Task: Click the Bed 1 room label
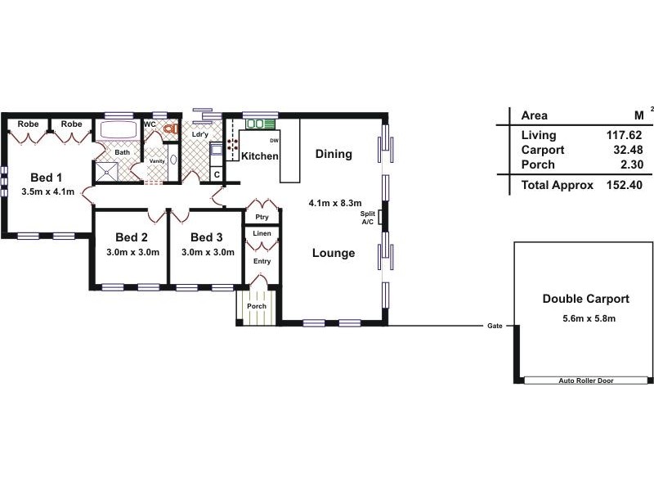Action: point(47,178)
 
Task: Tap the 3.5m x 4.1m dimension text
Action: point(47,192)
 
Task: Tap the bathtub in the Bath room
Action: point(119,131)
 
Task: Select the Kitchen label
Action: point(260,155)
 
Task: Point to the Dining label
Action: point(333,154)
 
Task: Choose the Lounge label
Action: point(334,253)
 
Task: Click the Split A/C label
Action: point(367,218)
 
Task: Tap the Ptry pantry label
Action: point(262,217)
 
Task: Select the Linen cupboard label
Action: point(262,234)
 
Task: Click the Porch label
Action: point(257,307)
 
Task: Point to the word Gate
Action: point(495,326)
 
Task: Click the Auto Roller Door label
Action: point(585,381)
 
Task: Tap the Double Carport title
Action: point(585,300)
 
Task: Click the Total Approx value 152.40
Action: point(625,185)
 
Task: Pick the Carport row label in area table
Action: point(542,150)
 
